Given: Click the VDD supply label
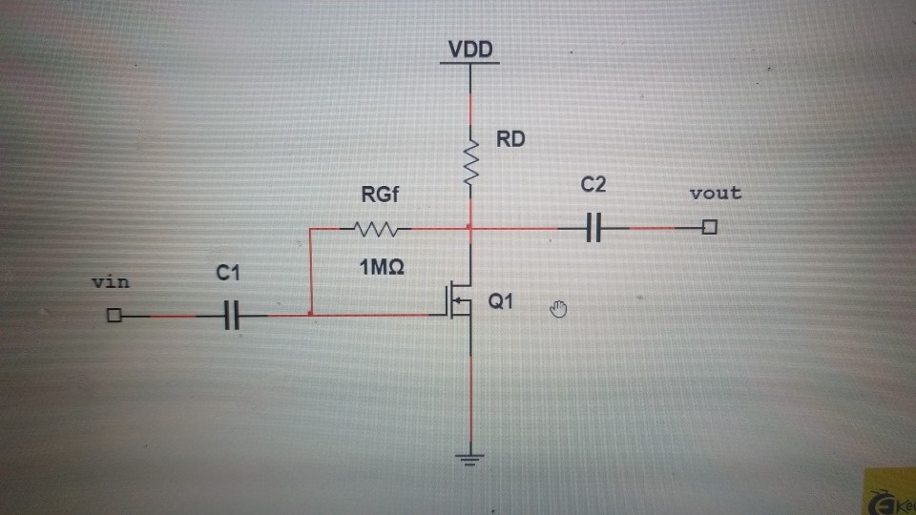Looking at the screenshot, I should (x=471, y=50).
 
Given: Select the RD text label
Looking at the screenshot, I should (x=510, y=139).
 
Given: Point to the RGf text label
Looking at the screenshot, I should (x=381, y=196).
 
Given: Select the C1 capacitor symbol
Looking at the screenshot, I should (x=230, y=315).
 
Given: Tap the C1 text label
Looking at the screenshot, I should (x=227, y=275).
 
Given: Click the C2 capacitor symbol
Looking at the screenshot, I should (x=593, y=229).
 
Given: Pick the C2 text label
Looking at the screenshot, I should (x=593, y=186).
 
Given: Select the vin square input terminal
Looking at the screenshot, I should (x=114, y=315).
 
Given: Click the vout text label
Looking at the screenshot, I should (x=715, y=193).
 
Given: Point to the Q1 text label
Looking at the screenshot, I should (x=501, y=301).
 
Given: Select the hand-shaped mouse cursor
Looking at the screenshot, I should (x=560, y=307).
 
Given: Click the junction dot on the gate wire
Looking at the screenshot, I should (x=311, y=314).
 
